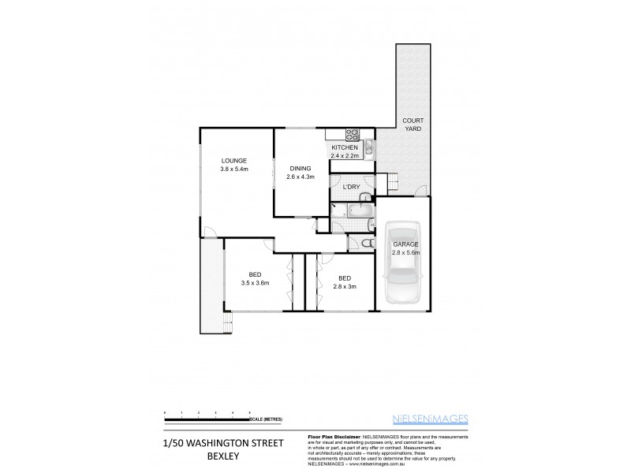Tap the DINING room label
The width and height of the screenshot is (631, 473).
click(300, 168)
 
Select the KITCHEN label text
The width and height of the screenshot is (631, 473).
click(344, 148)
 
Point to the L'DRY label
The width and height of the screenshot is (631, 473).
click(351, 187)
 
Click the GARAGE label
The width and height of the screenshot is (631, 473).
click(405, 244)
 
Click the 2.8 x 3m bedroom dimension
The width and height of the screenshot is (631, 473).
click(344, 287)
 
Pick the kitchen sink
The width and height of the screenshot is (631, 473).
click(368, 145)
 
